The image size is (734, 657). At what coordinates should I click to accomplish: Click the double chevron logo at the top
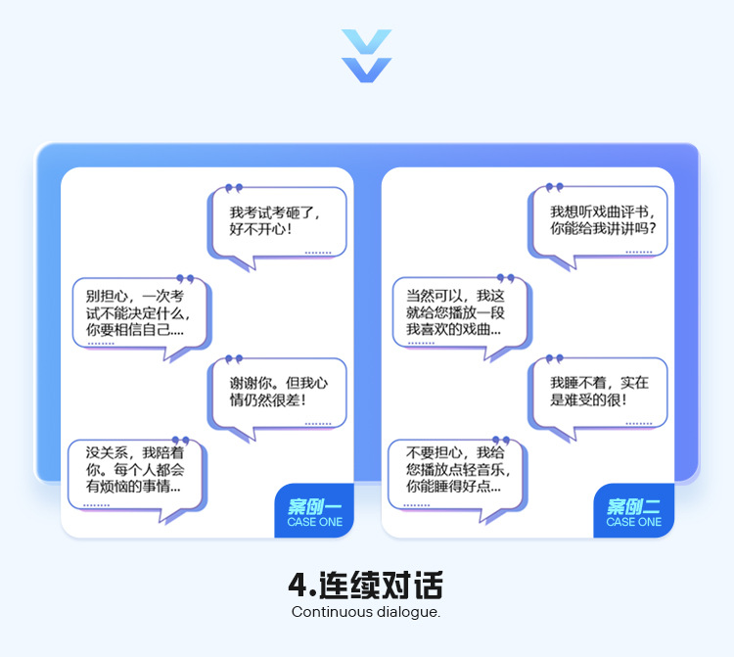click(x=366, y=56)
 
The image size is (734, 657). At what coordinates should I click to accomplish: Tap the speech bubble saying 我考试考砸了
click(x=277, y=221)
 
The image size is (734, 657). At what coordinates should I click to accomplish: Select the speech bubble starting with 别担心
click(x=139, y=312)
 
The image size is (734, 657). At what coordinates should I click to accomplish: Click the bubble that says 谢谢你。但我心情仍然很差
click(x=277, y=392)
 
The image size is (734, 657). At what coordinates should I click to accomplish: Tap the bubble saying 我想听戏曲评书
click(x=599, y=220)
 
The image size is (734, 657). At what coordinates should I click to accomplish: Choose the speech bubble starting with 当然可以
click(x=458, y=312)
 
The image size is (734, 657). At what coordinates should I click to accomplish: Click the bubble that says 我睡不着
click(x=598, y=392)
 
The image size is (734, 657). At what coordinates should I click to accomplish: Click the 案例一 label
click(x=314, y=506)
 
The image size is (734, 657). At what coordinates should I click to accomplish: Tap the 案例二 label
click(x=633, y=506)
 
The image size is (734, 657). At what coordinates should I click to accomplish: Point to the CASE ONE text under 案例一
click(x=314, y=523)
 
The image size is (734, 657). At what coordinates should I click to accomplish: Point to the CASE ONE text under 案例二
click(x=633, y=523)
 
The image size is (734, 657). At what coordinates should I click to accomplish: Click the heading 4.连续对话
click(x=366, y=586)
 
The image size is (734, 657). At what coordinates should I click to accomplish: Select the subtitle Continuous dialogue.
click(x=366, y=613)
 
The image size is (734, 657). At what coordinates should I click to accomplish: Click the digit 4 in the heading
click(x=298, y=586)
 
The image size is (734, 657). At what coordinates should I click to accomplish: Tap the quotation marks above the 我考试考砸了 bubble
click(x=233, y=187)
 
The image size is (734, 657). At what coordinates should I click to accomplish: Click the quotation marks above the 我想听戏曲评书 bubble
click(x=555, y=187)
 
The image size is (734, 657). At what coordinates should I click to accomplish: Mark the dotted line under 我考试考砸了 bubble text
click(x=318, y=253)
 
